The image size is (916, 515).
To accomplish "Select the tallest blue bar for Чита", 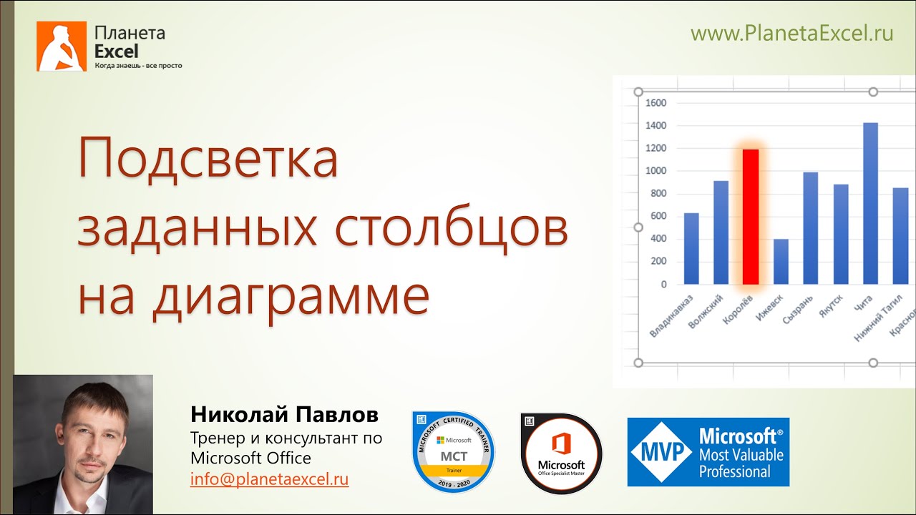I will (870, 204).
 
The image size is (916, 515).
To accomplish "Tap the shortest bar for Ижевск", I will (781, 262).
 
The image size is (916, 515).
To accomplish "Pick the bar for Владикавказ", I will (691, 249).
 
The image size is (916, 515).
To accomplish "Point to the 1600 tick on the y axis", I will (656, 103).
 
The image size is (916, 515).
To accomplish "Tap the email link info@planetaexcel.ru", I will (269, 479).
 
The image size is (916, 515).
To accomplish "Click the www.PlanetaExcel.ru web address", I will (791, 33).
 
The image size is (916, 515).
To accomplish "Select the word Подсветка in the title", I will (208, 160).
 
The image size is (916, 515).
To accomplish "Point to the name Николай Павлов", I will (284, 415).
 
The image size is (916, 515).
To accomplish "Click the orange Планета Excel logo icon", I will (62, 46).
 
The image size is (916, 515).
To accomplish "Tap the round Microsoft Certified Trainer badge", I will (454, 452).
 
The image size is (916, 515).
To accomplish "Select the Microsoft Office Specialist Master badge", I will (561, 453).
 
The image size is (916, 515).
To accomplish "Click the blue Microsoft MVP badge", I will (708, 452).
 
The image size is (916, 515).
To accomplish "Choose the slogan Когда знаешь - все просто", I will (138, 66).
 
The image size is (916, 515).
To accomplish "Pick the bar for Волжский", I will (721, 232).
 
